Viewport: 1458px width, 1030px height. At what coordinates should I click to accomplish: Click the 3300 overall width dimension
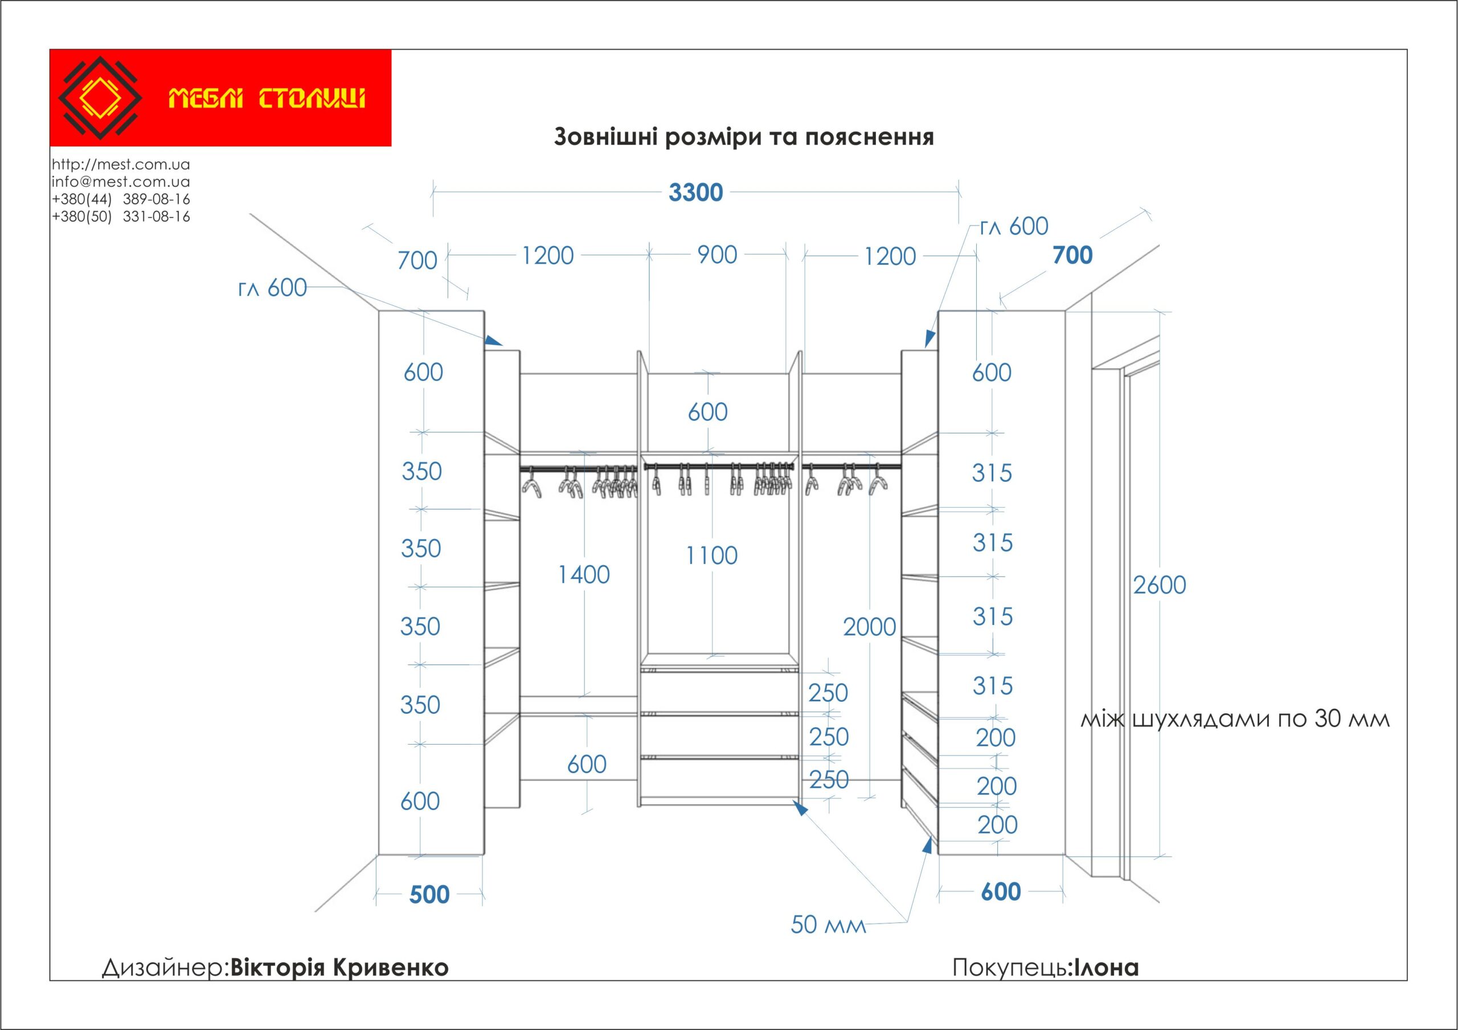tap(695, 193)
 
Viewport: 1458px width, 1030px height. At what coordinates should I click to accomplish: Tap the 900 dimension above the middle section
tap(717, 255)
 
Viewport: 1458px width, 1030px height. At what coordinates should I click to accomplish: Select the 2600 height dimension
tap(1160, 585)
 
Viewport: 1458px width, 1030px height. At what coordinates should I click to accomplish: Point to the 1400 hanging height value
tap(584, 575)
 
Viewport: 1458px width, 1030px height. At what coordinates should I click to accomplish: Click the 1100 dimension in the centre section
tap(711, 555)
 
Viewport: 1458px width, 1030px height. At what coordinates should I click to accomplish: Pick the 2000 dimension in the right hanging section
tap(869, 627)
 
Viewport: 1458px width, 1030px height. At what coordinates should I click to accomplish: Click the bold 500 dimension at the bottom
tap(429, 895)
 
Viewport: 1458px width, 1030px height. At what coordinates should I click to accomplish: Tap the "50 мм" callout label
tap(828, 925)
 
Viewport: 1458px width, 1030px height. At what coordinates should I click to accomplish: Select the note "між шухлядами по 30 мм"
tap(1235, 719)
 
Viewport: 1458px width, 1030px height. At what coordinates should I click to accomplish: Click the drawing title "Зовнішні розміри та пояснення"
tap(744, 137)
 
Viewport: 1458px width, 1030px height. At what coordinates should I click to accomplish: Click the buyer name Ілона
tap(1105, 968)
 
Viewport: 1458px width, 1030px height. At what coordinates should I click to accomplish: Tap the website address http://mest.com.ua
tap(121, 165)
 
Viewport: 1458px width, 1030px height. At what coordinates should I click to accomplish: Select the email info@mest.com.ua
tap(121, 182)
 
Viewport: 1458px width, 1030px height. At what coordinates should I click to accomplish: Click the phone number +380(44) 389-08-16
tap(121, 199)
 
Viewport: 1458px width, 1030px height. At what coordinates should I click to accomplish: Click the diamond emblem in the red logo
tap(100, 98)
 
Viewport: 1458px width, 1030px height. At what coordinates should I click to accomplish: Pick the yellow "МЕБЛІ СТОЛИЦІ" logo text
tap(267, 99)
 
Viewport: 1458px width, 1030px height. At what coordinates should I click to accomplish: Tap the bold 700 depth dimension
tap(1072, 255)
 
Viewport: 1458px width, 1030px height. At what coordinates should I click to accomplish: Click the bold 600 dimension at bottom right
tap(1001, 892)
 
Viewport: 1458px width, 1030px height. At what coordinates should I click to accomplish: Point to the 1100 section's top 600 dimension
tap(707, 412)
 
